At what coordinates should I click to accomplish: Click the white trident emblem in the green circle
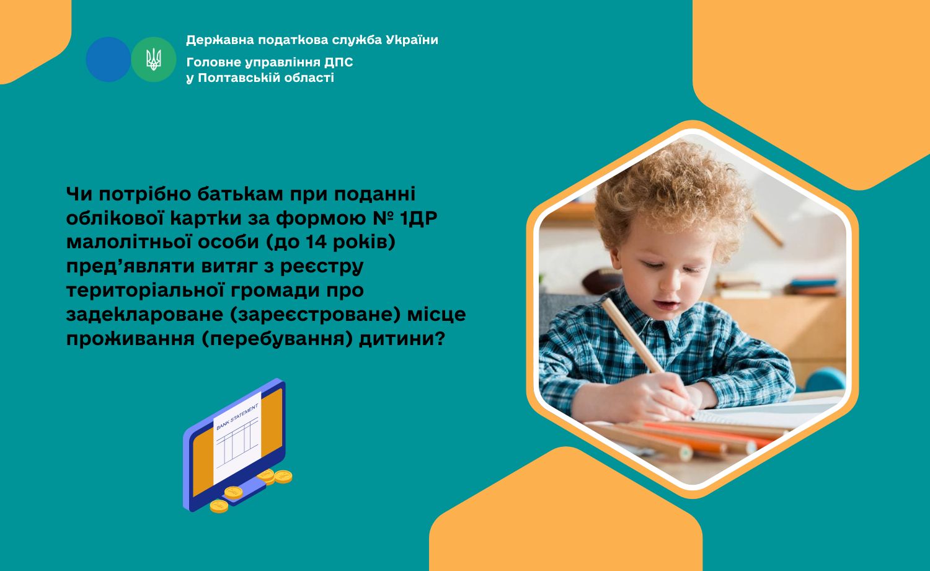[x=154, y=59]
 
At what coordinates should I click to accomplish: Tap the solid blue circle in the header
[x=108, y=59]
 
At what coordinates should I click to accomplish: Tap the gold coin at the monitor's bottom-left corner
[x=219, y=506]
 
